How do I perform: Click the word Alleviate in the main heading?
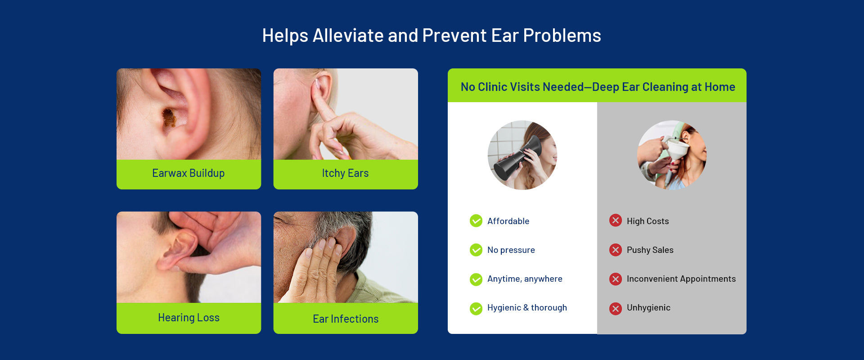point(348,36)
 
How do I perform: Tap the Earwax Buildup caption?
point(188,173)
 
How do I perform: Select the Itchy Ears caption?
point(345,173)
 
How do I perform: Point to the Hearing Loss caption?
point(189,318)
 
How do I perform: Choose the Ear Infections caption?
point(346,319)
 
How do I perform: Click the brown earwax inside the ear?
point(169,117)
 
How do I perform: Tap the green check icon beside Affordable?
point(476,221)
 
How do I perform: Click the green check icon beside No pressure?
point(476,250)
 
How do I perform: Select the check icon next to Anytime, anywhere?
point(476,279)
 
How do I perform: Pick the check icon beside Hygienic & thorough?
point(476,308)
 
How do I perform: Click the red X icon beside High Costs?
point(616,220)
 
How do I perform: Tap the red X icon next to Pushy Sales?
point(616,250)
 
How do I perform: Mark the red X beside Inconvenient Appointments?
point(616,279)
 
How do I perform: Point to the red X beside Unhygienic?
point(616,308)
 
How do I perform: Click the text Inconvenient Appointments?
point(681,279)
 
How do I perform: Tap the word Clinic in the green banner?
point(493,87)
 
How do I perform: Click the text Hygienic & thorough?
point(527,308)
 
